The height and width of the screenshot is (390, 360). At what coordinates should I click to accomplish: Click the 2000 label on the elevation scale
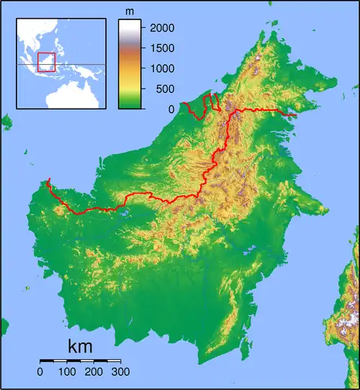pos(160,27)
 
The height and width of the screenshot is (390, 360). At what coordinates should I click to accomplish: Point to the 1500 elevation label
pos(160,48)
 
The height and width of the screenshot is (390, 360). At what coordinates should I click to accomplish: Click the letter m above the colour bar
pos(130,12)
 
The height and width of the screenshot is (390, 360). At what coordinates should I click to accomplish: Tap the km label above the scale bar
pos(80,346)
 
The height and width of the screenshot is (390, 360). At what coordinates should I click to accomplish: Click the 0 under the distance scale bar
pos(40,372)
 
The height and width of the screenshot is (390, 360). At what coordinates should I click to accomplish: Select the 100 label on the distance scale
pos(67,372)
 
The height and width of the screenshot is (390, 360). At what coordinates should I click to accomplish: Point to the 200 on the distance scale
pos(94,372)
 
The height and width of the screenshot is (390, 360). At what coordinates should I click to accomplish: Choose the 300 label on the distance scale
pos(120,372)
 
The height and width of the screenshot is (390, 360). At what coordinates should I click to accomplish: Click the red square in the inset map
pos(46,62)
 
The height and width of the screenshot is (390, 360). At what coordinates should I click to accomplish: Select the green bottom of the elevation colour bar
pos(129,104)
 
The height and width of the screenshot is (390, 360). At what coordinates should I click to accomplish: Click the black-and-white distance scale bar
pos(80,360)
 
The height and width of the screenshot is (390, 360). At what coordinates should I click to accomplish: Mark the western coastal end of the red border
pos(49,180)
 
